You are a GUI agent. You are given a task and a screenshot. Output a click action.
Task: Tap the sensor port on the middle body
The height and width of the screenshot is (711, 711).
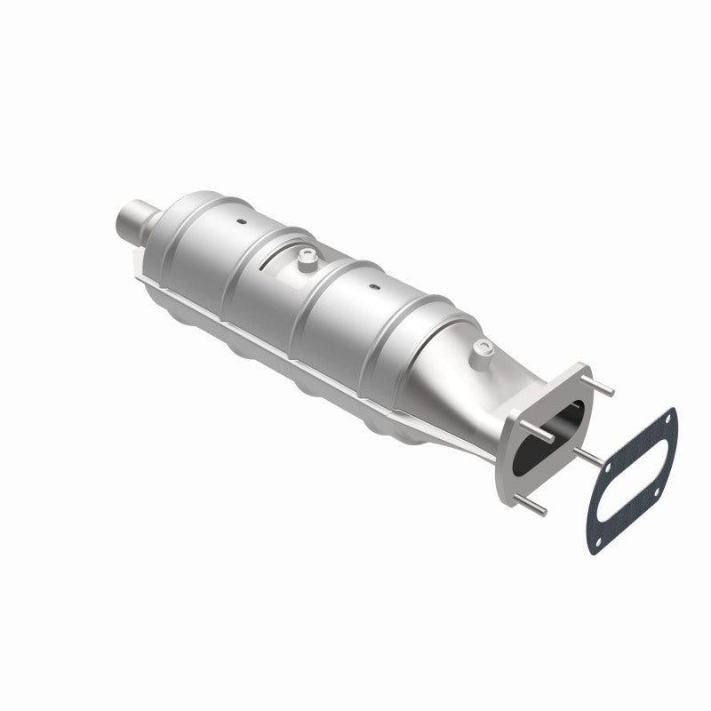(307, 259)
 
